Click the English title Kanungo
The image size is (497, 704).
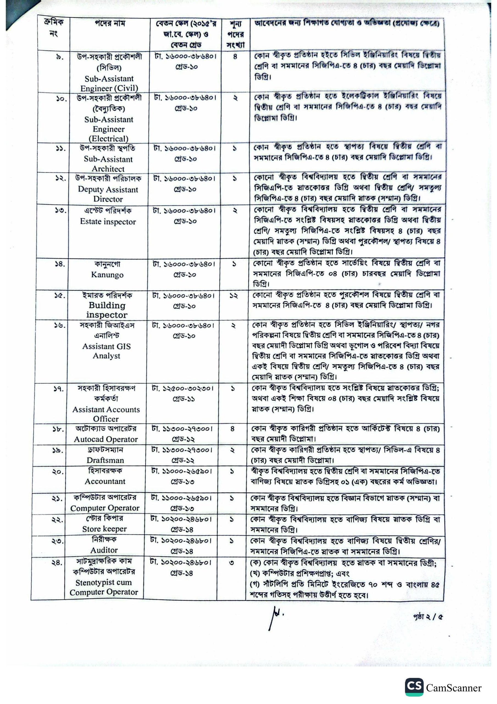tap(107, 274)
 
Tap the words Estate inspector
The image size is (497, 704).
tap(108, 222)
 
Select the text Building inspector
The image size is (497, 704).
tap(107, 310)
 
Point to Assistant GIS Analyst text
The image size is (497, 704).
tap(106, 351)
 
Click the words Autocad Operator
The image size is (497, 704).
tap(106, 439)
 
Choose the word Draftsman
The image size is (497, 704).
tap(105, 460)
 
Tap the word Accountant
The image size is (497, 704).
tap(105, 482)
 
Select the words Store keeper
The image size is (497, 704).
tap(104, 529)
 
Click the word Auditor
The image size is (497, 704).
tap(104, 550)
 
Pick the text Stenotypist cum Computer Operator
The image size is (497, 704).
tap(104, 587)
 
